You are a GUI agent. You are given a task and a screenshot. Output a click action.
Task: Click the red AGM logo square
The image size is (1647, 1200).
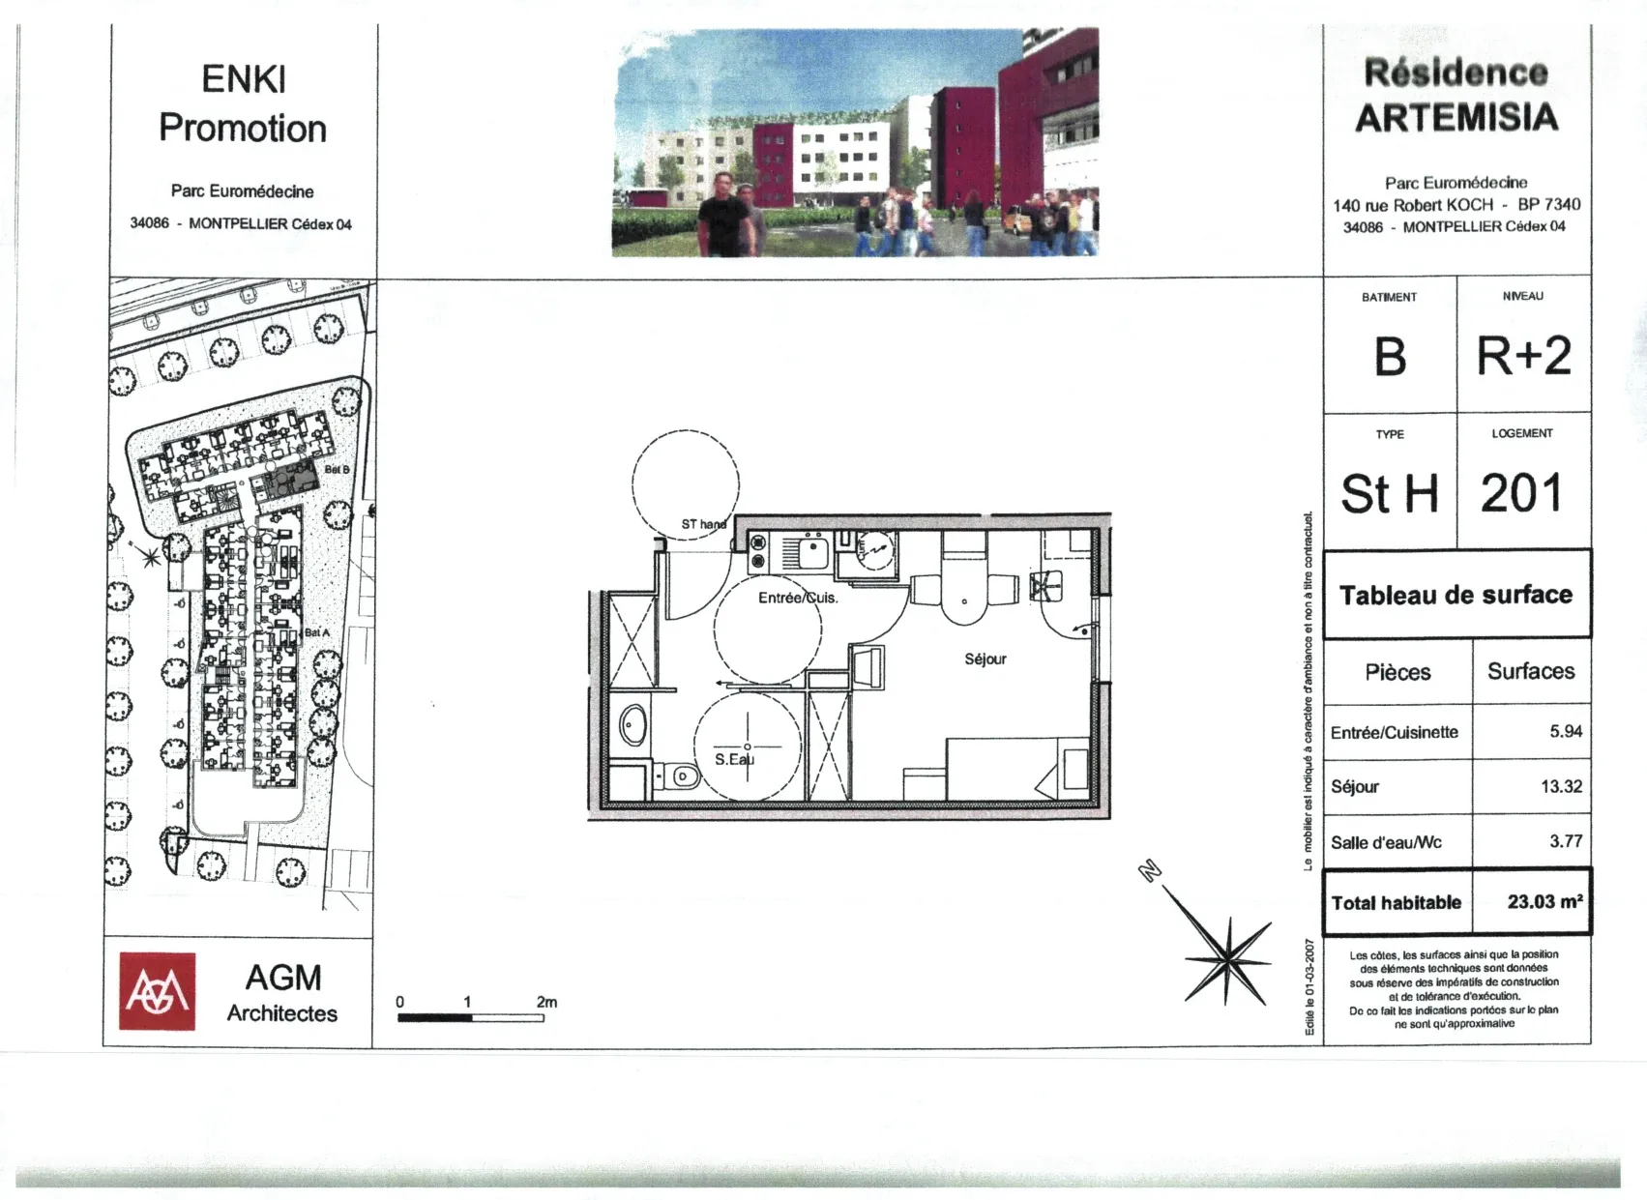click(x=157, y=991)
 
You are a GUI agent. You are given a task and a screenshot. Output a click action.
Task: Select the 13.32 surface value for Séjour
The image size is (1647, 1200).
click(x=1561, y=786)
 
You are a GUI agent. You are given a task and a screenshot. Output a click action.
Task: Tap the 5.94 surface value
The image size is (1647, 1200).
click(x=1566, y=731)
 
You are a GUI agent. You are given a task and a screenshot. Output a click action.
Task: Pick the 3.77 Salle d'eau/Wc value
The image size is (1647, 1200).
click(x=1566, y=841)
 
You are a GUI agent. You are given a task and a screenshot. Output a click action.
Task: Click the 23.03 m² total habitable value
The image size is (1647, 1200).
click(x=1544, y=901)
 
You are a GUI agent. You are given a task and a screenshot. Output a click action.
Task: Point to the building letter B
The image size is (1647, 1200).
click(x=1390, y=357)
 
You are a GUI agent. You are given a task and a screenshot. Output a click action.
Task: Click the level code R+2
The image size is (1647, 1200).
click(x=1523, y=356)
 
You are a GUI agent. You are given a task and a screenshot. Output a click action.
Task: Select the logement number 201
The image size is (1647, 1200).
click(x=1521, y=493)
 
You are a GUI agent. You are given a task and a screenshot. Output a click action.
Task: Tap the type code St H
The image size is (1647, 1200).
click(x=1390, y=494)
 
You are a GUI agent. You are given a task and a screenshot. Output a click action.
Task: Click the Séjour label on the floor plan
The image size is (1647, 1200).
click(x=985, y=659)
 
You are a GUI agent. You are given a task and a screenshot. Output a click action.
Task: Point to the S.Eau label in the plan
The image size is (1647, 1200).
click(x=734, y=759)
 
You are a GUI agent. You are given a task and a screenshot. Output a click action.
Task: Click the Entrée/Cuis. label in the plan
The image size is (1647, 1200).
click(x=798, y=598)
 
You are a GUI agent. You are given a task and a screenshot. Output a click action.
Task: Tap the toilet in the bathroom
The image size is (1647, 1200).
click(x=682, y=776)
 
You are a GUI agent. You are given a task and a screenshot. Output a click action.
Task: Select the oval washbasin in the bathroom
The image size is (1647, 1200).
click(x=632, y=725)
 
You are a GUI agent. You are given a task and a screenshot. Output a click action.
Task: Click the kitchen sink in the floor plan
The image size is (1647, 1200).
click(x=811, y=554)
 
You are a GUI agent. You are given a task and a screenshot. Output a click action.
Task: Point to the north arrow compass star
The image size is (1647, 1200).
click(x=1226, y=958)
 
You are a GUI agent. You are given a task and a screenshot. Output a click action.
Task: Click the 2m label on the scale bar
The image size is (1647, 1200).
click(x=546, y=1002)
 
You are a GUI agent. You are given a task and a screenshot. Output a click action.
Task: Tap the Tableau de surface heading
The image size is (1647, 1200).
click(x=1456, y=595)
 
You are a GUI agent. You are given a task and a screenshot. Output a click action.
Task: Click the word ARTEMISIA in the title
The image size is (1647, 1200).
click(x=1456, y=118)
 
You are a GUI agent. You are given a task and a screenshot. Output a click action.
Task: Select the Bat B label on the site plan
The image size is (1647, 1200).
click(x=337, y=469)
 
